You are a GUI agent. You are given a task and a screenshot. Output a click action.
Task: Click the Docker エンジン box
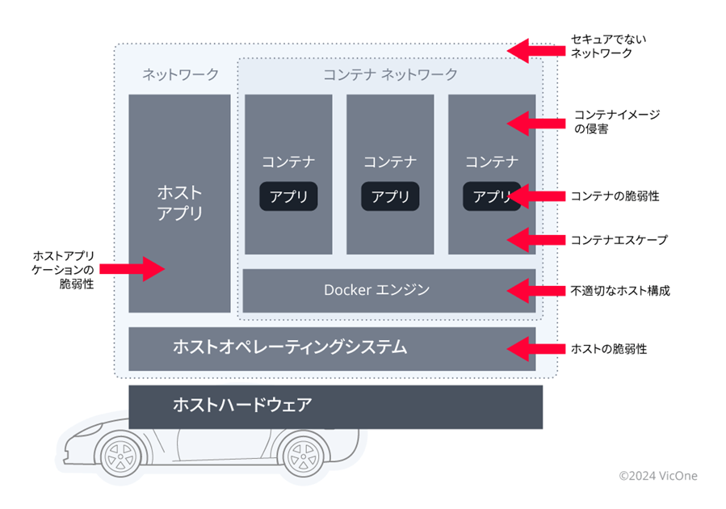(x=388, y=290)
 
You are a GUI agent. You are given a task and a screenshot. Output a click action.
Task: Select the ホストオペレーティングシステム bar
(x=332, y=348)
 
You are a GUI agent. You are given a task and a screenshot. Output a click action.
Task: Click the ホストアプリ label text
(x=179, y=204)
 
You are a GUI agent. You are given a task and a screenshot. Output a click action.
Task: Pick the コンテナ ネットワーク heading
(x=390, y=75)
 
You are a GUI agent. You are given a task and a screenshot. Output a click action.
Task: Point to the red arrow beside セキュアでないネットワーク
(x=533, y=49)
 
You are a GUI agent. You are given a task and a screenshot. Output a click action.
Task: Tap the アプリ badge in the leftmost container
(x=288, y=196)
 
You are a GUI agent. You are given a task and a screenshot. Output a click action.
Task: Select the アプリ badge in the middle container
(x=390, y=196)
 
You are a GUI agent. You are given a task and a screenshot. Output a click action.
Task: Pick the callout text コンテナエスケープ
(x=619, y=240)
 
